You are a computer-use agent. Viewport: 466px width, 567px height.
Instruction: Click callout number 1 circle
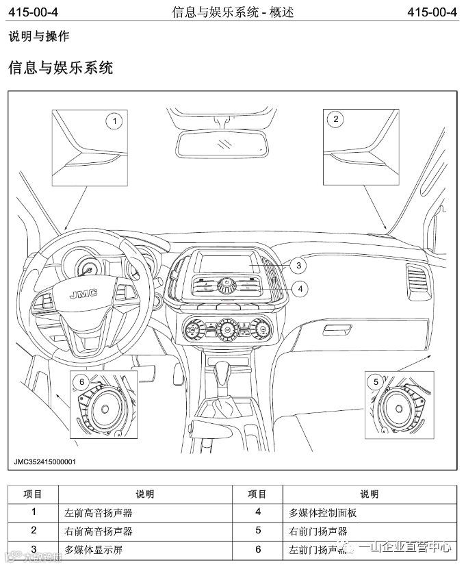click(x=115, y=122)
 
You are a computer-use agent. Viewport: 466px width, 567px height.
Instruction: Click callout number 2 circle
click(x=335, y=119)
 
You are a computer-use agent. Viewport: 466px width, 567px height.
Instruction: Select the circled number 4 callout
click(x=298, y=289)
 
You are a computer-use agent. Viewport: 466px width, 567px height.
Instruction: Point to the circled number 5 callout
click(x=374, y=381)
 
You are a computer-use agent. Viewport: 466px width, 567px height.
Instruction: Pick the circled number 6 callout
click(x=81, y=381)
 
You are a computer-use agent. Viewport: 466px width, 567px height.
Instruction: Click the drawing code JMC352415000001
click(x=45, y=462)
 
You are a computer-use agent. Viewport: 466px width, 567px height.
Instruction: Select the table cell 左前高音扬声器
click(x=99, y=512)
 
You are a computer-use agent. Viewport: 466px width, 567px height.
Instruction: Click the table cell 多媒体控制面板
click(x=323, y=512)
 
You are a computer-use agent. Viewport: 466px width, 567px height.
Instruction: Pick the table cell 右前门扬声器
click(x=319, y=531)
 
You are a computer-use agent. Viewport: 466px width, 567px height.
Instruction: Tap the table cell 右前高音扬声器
click(x=99, y=531)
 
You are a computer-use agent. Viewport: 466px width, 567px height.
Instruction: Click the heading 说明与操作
click(x=38, y=37)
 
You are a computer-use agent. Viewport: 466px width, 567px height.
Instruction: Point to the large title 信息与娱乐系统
click(x=60, y=67)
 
